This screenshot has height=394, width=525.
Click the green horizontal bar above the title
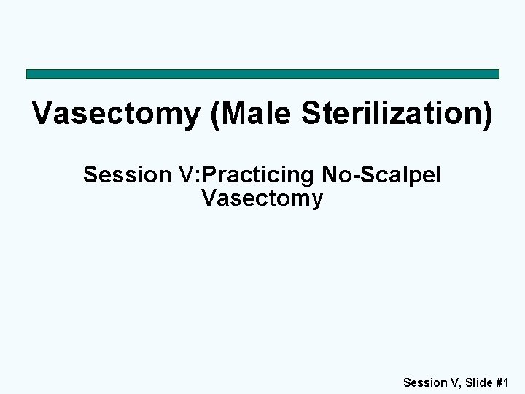pyautogui.click(x=262, y=74)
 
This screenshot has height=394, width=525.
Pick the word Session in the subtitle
pyautogui.click(x=125, y=175)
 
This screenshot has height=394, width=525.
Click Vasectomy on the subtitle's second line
pyautogui.click(x=262, y=197)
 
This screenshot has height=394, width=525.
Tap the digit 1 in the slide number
pyautogui.click(x=505, y=381)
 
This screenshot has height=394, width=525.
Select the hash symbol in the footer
pyautogui.click(x=495, y=381)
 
